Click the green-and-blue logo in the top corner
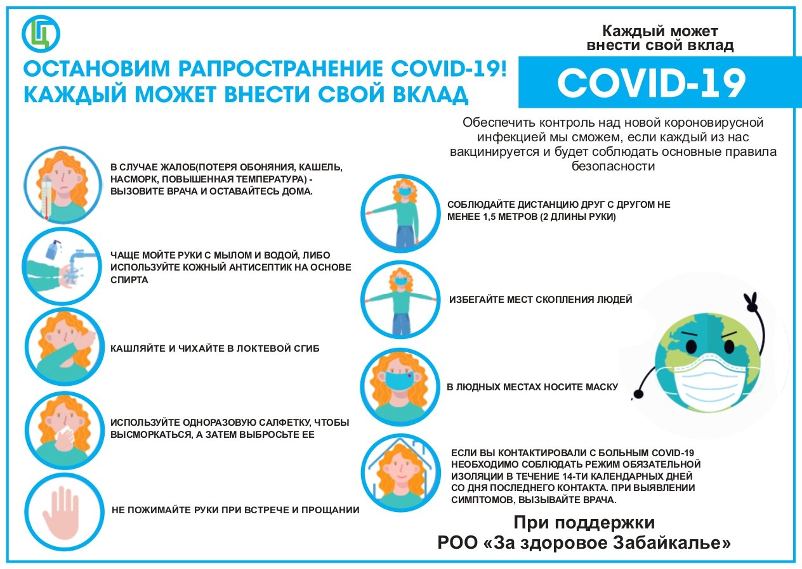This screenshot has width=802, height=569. (x=41, y=34)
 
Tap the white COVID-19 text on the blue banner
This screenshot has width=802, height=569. (x=652, y=83)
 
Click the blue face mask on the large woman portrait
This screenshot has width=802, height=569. (x=400, y=380)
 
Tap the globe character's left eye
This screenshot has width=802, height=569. (x=691, y=346)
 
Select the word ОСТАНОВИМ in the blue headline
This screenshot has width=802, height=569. (x=96, y=68)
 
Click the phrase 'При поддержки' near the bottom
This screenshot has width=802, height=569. (x=584, y=523)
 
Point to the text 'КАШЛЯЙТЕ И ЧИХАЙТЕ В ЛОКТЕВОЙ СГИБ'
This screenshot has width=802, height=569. (x=215, y=348)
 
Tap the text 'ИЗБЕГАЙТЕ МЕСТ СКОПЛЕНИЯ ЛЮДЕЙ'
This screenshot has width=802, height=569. (x=541, y=299)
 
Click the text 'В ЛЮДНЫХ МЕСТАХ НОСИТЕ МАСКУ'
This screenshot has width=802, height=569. (x=532, y=387)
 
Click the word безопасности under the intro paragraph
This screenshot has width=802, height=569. (x=613, y=166)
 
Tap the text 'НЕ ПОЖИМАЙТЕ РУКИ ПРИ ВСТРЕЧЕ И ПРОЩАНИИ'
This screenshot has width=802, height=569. (x=235, y=509)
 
